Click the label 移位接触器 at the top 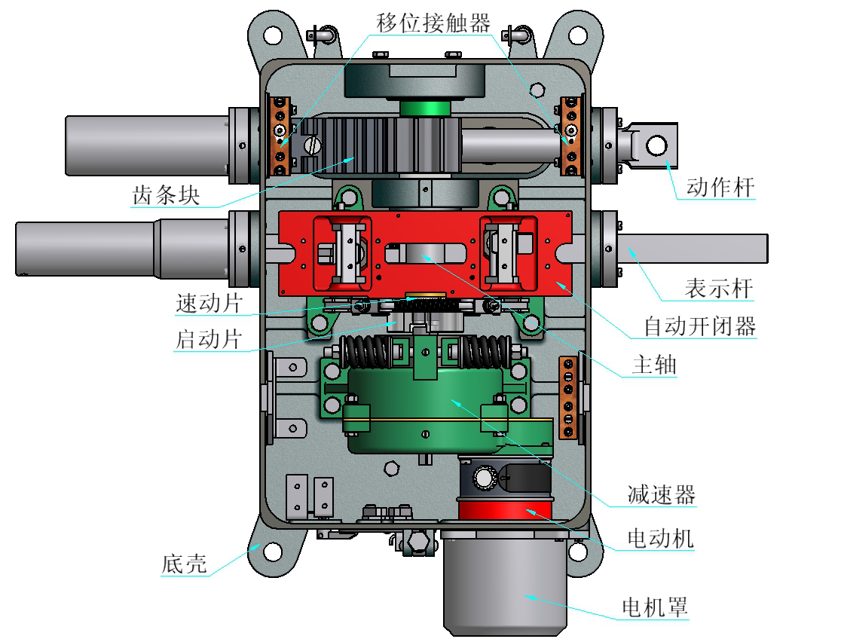coord(433,23)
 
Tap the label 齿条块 coord(166,195)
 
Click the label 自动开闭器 coord(699,327)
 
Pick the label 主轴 coord(654,366)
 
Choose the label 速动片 coord(209,304)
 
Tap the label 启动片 coord(209,339)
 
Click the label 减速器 coord(661,495)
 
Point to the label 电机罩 coord(655,607)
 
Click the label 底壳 coord(184,564)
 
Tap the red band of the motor coord(505,512)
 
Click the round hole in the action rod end coord(657,144)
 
